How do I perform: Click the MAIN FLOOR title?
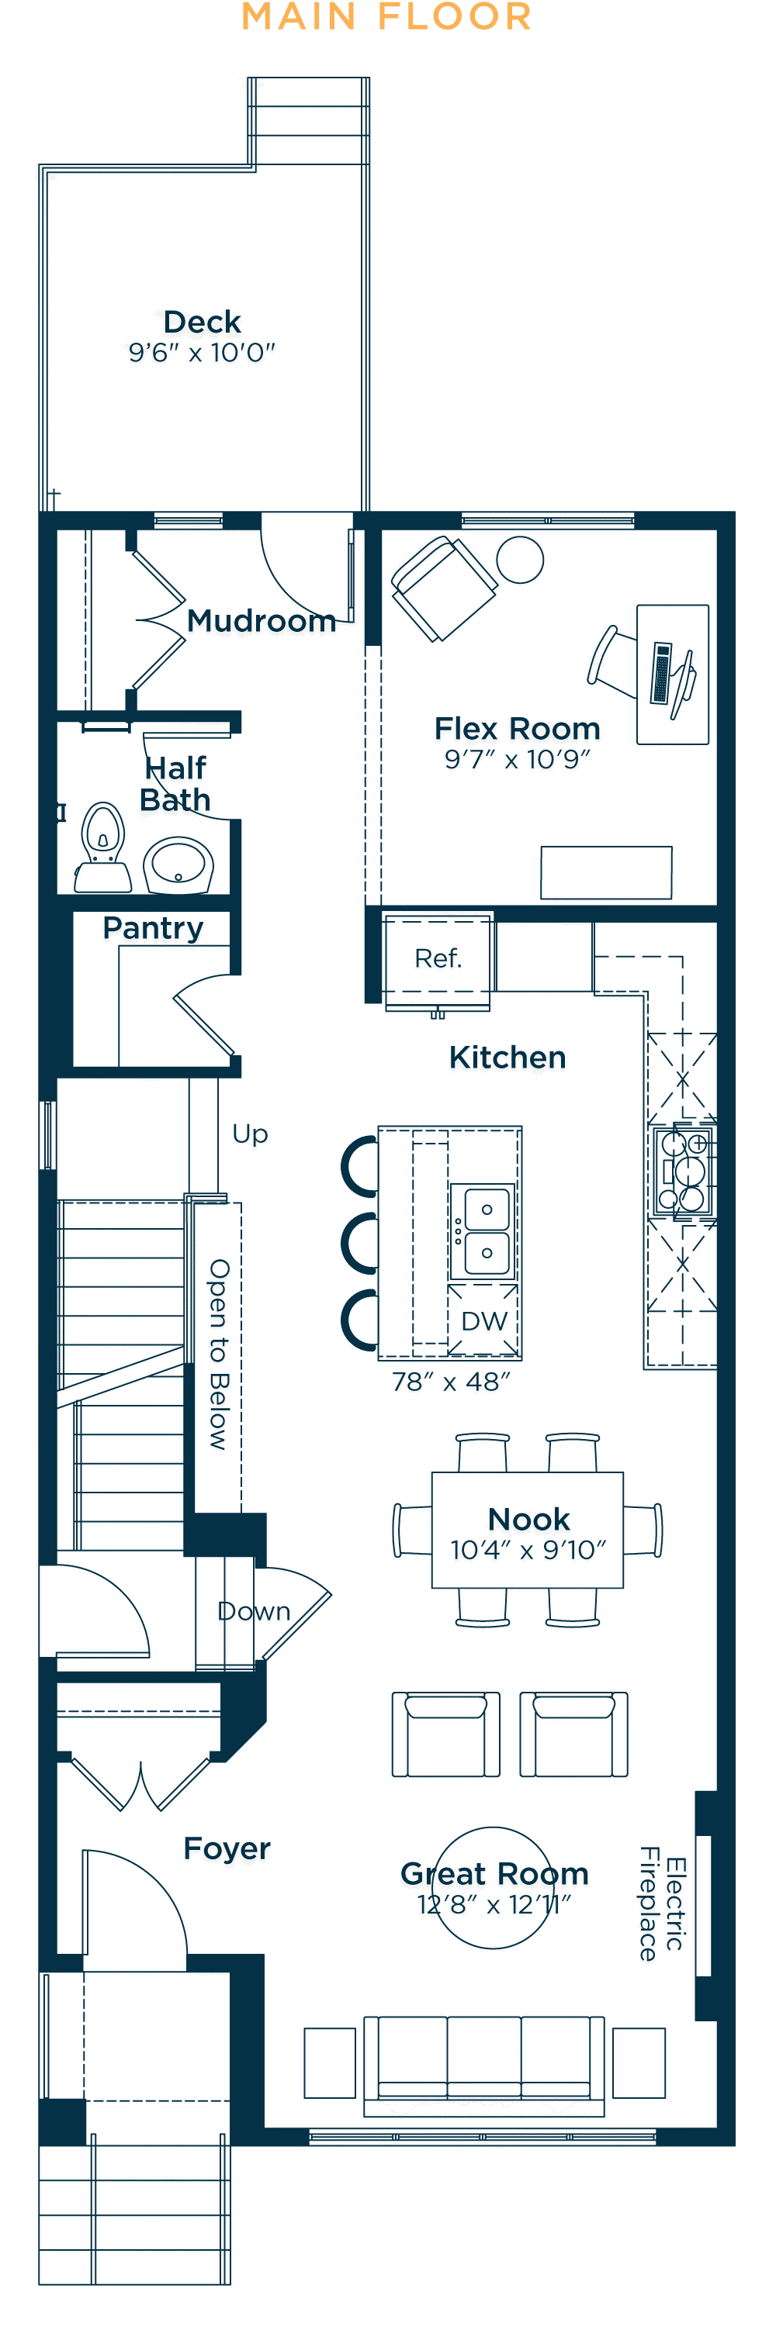coord(386,16)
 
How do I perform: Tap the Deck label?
coord(203,322)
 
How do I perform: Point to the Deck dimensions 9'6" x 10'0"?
coord(202,352)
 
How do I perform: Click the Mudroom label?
coord(261,620)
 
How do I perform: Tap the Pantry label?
coord(153,928)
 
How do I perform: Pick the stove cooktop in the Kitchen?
coord(682,1170)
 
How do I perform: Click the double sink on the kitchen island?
coord(486,1230)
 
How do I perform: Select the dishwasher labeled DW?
coord(483,1320)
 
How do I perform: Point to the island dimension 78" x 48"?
coord(451,1382)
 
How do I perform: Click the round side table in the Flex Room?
coord(521,560)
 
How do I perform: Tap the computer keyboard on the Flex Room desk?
coord(662,673)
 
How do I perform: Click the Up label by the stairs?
coord(250,1134)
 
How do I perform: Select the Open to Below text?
coord(220,1355)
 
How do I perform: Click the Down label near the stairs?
coord(254,1611)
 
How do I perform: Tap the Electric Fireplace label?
coord(662,1903)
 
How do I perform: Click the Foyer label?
coord(227,1848)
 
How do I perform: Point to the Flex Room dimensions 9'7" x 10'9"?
coord(517,759)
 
